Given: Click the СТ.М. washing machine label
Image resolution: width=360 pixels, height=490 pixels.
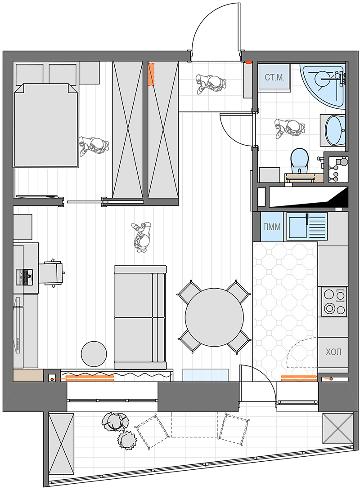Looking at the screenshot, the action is tap(274, 77).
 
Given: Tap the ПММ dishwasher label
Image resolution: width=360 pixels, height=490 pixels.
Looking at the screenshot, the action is tap(272, 227).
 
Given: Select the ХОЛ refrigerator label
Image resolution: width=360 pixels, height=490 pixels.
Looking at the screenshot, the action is tap(333, 352).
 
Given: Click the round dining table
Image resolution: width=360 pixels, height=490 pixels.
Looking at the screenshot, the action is tap(214, 317).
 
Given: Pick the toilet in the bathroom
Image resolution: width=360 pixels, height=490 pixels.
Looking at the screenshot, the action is tap(300, 160).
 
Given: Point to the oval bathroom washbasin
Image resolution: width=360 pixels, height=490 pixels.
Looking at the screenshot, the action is tap(335, 131).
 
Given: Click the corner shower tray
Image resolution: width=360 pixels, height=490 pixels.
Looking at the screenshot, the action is tap(324, 85).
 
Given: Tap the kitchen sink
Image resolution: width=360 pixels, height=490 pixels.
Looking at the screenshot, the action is tap(307, 226).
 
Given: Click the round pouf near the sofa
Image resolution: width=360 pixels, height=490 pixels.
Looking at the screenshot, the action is tap(94, 354).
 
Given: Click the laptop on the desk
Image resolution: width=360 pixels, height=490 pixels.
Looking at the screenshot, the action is tap(25, 277).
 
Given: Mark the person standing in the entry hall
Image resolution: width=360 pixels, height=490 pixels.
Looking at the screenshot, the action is tap(211, 84).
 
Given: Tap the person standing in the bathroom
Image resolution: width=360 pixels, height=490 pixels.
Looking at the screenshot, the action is tap(290, 128).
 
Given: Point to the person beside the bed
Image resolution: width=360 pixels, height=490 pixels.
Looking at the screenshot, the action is tap(94, 145).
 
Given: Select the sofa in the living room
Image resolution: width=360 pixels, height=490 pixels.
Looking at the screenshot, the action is tap(140, 317).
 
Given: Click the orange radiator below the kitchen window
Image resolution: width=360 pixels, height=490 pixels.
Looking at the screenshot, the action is tap(299, 378).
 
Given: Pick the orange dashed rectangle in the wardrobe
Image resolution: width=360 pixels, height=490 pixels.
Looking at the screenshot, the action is tap(151, 74).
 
